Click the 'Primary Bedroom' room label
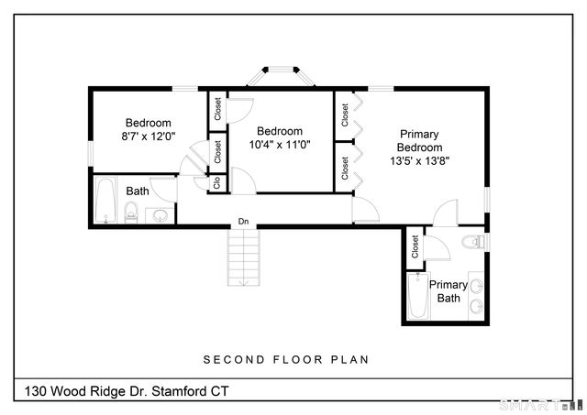coord(419,140)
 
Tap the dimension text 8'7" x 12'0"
coord(149,136)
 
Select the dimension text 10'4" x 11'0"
coord(280,144)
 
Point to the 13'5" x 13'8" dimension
coord(419,160)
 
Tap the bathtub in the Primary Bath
coord(418,295)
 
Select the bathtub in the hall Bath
coord(105,201)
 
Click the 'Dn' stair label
coord(243,222)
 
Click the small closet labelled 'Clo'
coord(217,181)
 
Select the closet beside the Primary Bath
coord(415,246)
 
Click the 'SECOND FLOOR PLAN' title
coord(285,359)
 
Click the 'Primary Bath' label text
coord(449,291)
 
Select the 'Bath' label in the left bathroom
coord(138,191)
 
